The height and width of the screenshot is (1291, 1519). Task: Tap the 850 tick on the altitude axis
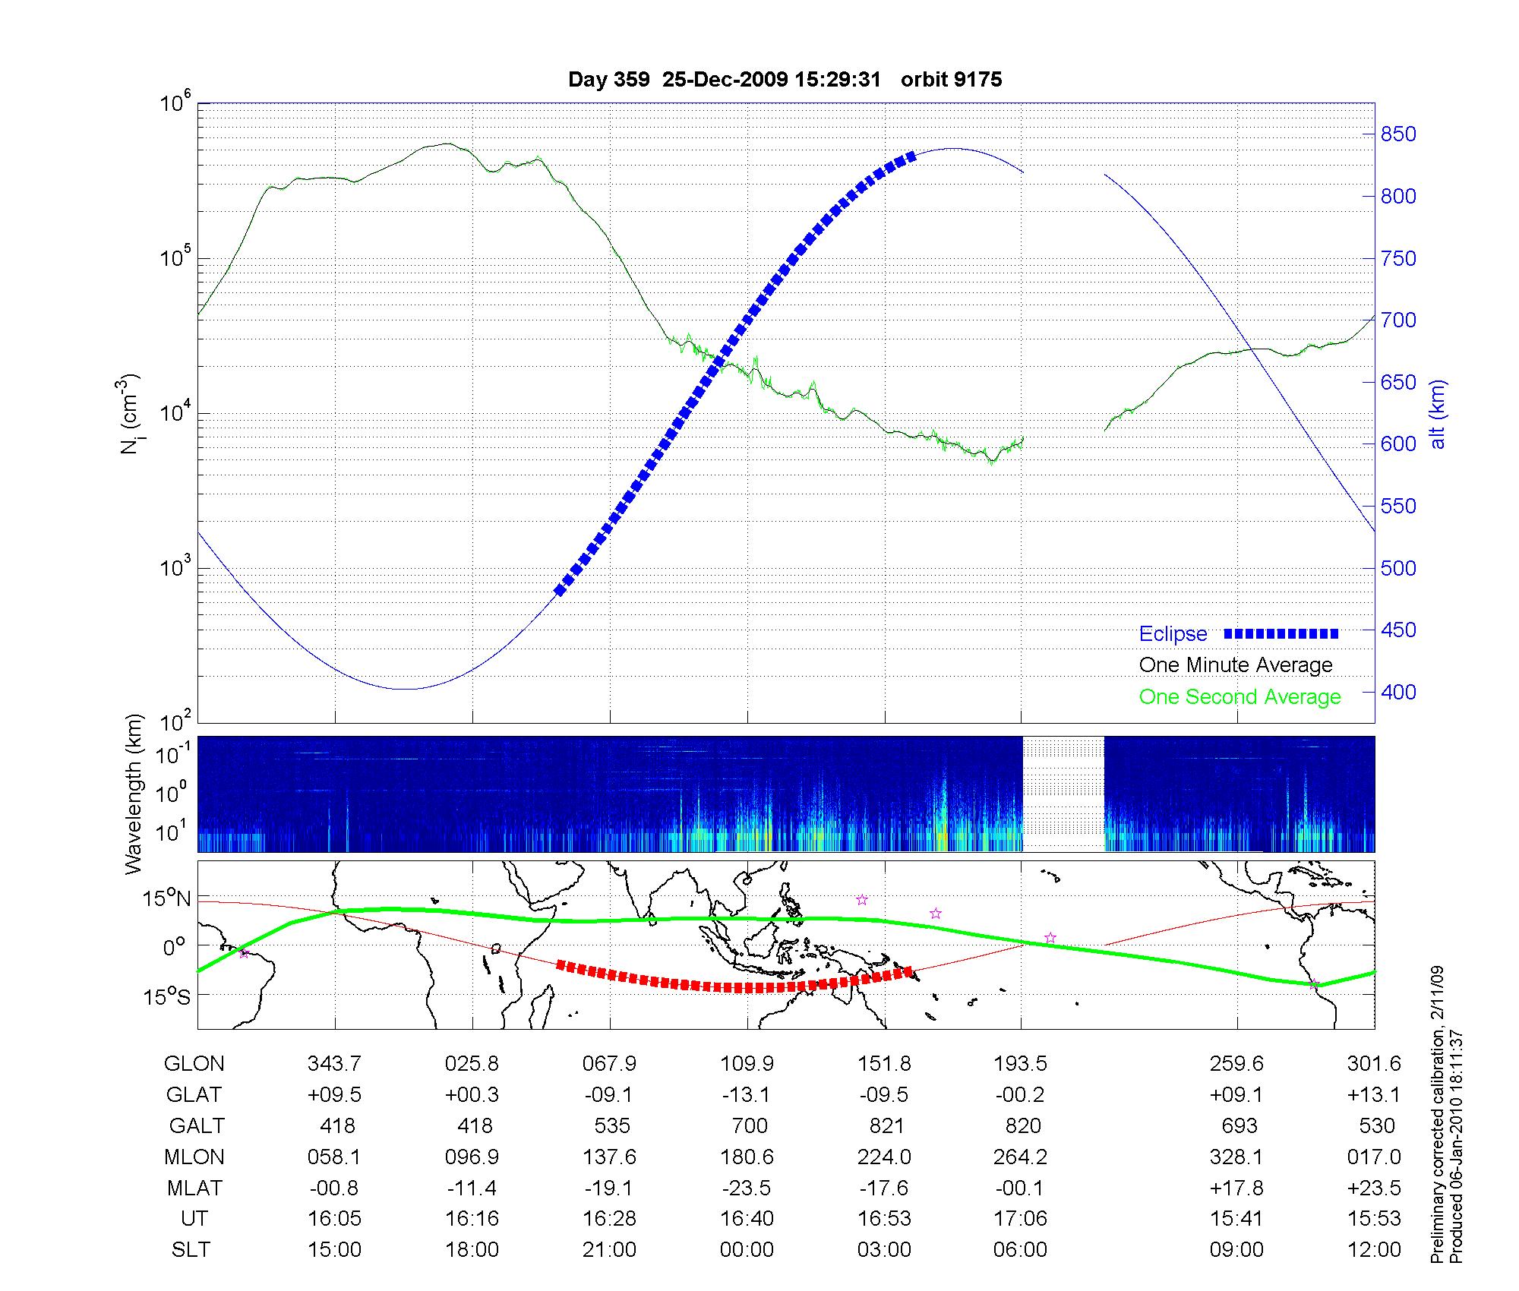tap(1398, 134)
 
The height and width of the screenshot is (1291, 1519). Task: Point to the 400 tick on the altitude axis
tap(1398, 692)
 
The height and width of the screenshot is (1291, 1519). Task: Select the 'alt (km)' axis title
tap(1437, 414)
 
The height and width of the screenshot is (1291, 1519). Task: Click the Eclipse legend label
tap(1173, 634)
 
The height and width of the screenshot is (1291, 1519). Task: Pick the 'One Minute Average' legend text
tap(1236, 665)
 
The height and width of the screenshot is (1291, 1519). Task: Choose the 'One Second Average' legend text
tap(1240, 697)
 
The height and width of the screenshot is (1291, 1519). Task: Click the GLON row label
tap(194, 1064)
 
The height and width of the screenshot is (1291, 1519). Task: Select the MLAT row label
tap(194, 1188)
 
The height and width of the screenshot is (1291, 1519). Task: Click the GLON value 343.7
tap(334, 1064)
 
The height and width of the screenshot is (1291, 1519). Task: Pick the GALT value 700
tap(748, 1125)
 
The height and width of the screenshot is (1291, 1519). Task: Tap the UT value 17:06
tap(1020, 1219)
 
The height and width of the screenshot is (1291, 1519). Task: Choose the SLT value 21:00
tap(609, 1250)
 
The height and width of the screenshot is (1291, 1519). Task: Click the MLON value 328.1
tap(1236, 1157)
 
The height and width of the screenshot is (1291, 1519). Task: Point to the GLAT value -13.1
tap(747, 1095)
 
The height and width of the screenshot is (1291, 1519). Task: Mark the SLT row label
tap(191, 1250)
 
